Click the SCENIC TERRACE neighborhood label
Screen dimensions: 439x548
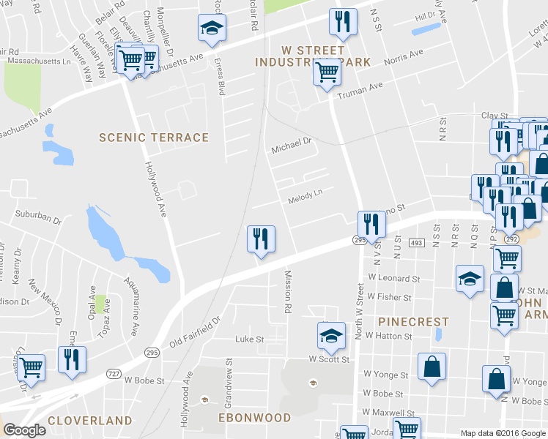coord(154,138)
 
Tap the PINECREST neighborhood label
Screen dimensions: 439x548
coord(413,322)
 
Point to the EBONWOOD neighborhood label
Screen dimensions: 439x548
coord(256,418)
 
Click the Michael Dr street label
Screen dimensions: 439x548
coord(292,148)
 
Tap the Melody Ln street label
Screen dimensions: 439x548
coord(305,198)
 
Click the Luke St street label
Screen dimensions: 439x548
coord(248,339)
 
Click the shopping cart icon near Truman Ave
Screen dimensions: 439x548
coord(327,72)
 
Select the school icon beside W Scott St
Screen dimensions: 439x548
coord(331,336)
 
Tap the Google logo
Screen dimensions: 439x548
coord(24,429)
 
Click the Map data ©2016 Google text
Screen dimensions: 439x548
coord(503,433)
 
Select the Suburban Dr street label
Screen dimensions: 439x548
coord(37,218)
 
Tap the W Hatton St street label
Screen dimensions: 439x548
coord(388,336)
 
